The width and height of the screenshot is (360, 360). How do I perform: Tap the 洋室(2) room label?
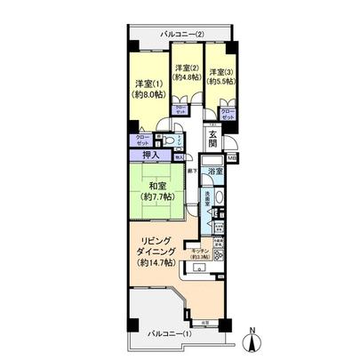185,68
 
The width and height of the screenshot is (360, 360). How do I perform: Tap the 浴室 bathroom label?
214,170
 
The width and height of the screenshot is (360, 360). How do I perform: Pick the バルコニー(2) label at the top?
183,35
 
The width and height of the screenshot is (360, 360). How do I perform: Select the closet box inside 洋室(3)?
228,114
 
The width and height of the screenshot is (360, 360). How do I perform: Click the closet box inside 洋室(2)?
181,110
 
